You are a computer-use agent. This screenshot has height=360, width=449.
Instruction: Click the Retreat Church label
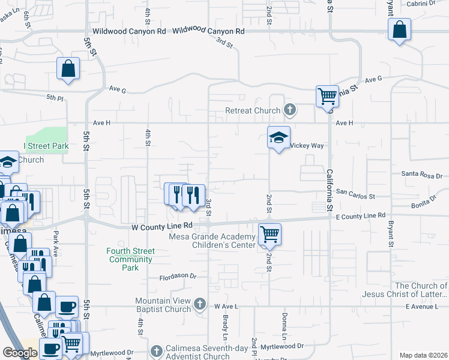point(253,110)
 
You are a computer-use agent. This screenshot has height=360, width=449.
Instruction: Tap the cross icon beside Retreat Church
point(290,110)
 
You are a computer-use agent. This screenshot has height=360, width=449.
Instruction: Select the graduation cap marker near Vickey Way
point(279,138)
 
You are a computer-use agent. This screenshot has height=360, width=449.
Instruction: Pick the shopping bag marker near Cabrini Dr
point(399,30)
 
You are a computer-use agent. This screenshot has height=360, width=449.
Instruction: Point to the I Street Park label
point(46,146)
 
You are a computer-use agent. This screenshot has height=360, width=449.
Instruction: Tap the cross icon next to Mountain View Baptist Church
point(200,305)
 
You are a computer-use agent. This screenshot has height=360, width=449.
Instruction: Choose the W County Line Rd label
point(161,226)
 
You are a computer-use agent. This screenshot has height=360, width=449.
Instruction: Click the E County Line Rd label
point(360,215)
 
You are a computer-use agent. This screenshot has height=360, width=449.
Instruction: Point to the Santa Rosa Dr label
point(418,175)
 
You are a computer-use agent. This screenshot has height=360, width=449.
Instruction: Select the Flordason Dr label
point(178,277)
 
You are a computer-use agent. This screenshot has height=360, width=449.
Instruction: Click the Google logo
point(20,352)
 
